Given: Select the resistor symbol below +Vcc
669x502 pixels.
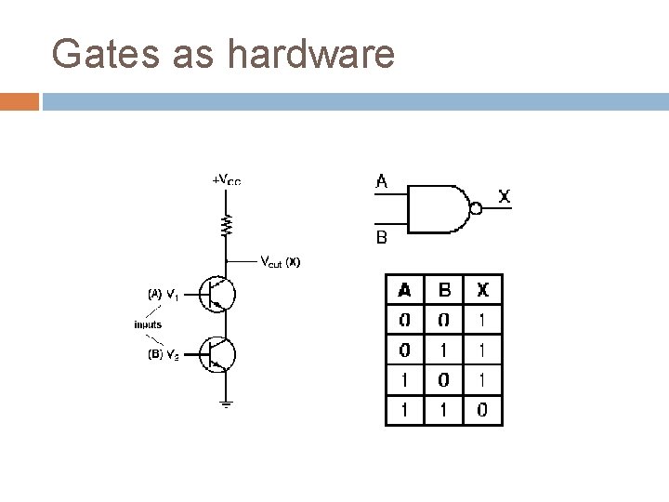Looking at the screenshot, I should (225, 224).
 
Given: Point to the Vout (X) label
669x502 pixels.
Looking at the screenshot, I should (280, 261).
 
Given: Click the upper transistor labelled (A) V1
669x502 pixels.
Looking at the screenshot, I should (220, 295).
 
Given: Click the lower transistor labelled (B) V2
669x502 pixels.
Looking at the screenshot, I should (220, 354).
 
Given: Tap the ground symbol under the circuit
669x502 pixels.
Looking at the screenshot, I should (226, 403).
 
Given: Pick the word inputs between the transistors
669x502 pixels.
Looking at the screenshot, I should (147, 324).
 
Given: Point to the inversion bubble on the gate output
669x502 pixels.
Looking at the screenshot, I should (476, 208).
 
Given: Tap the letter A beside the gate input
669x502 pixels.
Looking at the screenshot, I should (381, 182).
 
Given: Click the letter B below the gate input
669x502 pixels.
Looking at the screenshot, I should (381, 238).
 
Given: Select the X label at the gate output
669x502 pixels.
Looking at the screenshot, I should (504, 197).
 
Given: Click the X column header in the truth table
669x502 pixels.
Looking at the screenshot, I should (483, 290).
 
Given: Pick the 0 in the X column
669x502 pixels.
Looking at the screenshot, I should (483, 409).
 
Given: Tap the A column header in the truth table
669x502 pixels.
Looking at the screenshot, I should (405, 290).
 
